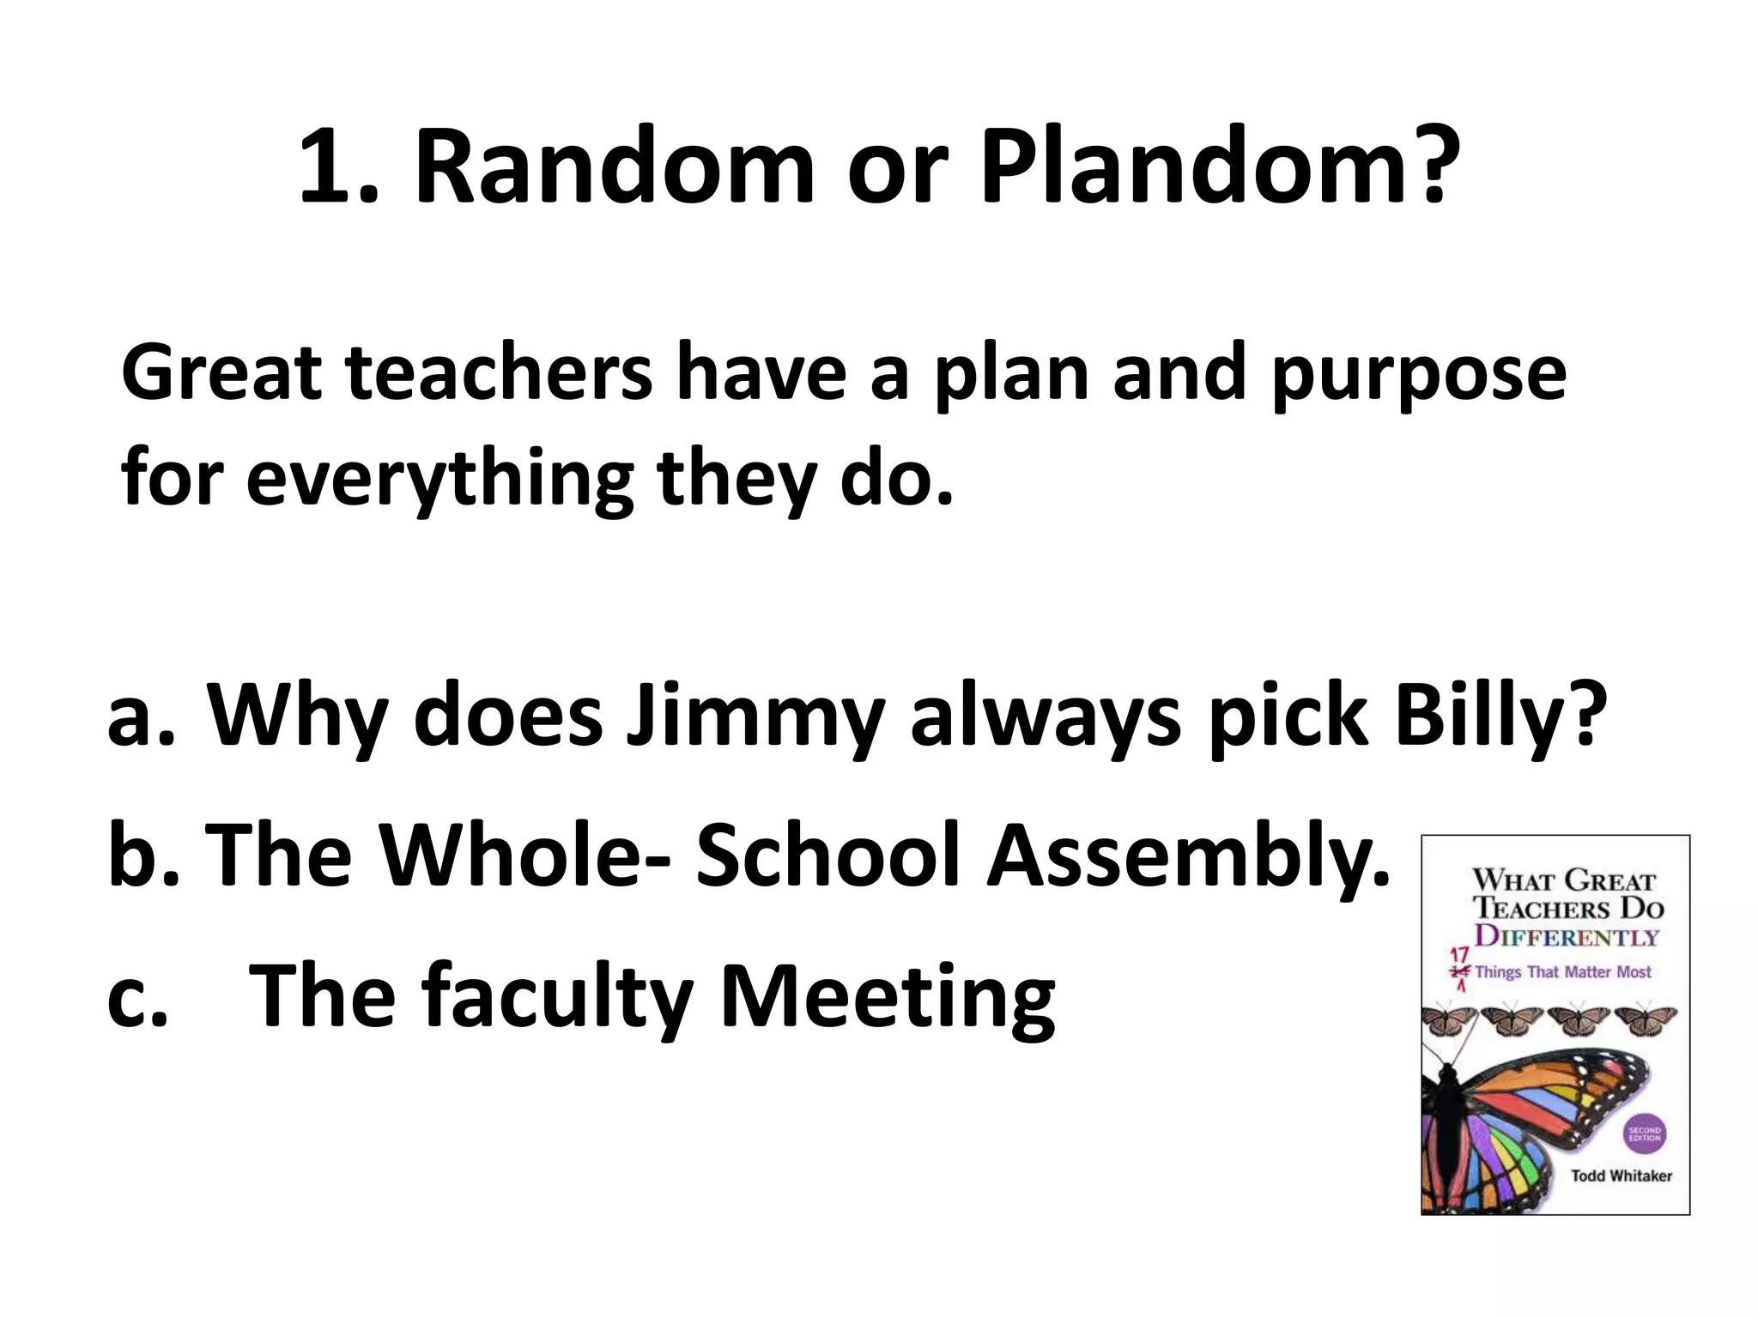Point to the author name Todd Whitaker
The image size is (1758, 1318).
tap(1622, 1176)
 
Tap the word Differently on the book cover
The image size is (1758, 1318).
tap(1567, 937)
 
